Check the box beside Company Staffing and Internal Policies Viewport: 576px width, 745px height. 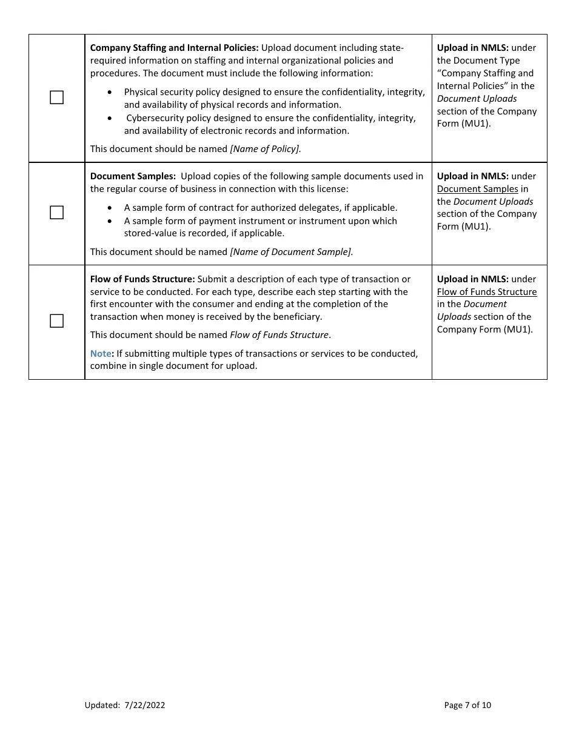(56, 98)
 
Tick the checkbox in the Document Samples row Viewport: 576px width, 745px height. (56, 213)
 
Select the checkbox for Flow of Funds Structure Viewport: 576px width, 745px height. (56, 321)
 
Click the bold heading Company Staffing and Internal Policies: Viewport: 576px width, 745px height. (174, 48)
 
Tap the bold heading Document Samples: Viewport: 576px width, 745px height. (133, 176)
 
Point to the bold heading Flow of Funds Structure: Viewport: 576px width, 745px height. (142, 279)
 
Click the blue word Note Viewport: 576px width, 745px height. (101, 354)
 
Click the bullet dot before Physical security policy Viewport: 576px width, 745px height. (109, 92)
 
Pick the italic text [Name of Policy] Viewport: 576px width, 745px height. (265, 149)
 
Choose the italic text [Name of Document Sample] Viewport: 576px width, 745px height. (291, 252)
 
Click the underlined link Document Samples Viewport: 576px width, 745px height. (477, 189)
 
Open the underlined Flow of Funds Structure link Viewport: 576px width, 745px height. (487, 292)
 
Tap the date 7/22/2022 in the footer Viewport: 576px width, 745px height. (145, 705)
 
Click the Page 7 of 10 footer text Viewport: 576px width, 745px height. (467, 705)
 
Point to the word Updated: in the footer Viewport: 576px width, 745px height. (102, 705)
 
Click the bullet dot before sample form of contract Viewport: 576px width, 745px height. (109, 208)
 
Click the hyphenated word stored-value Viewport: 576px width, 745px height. (150, 233)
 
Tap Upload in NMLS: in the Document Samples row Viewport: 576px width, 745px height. (472, 176)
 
